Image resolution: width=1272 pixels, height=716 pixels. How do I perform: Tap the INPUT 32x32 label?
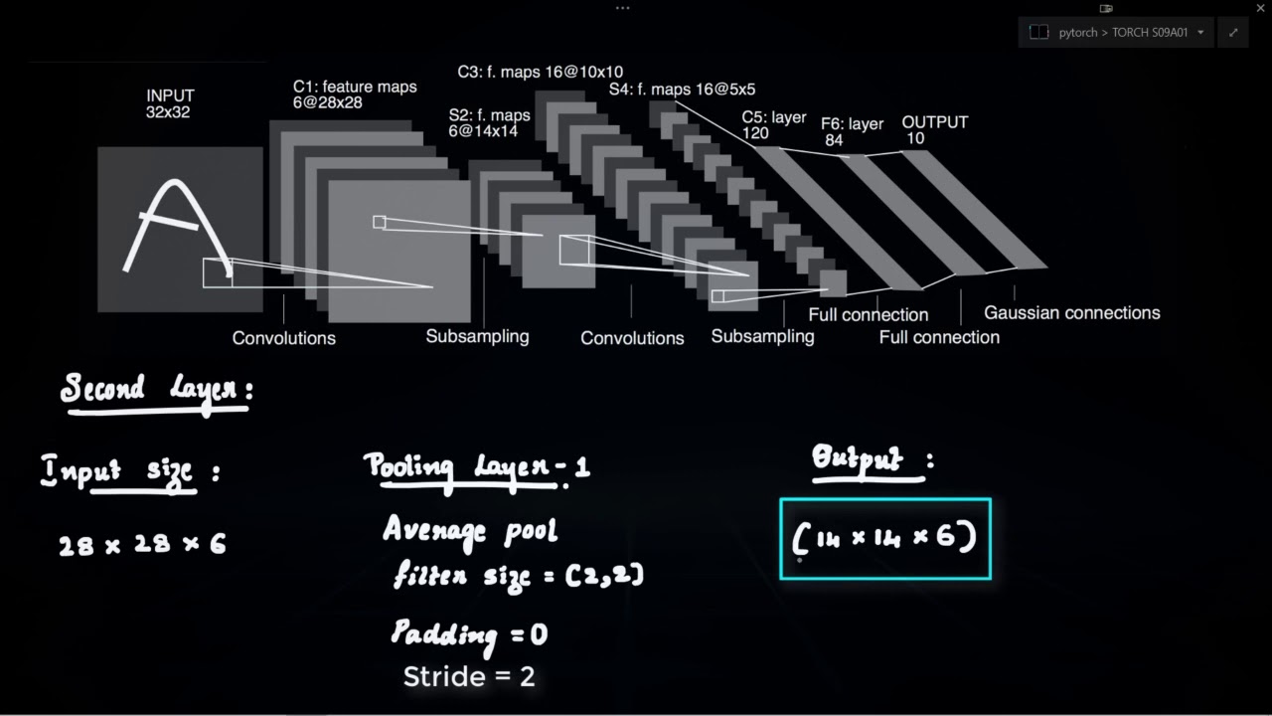[x=170, y=103]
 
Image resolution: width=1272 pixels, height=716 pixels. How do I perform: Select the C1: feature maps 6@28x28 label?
[x=355, y=95]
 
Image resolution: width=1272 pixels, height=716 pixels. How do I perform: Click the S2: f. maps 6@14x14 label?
[x=489, y=123]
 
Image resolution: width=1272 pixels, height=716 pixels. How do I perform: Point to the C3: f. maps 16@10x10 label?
[x=540, y=72]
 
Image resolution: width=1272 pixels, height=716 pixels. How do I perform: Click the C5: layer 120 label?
[x=773, y=124]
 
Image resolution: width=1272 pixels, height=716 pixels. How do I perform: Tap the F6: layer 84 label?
[x=852, y=132]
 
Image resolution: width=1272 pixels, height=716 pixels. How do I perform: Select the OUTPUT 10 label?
[x=934, y=130]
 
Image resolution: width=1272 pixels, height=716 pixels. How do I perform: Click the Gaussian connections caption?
[x=1071, y=312]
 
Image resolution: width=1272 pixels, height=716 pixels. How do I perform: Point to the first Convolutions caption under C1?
[x=284, y=338]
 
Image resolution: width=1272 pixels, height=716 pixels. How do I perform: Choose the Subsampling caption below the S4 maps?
[x=762, y=336]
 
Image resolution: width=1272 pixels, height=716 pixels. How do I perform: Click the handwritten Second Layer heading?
[x=155, y=390]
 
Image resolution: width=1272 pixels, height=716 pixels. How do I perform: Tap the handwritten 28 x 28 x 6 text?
[x=142, y=544]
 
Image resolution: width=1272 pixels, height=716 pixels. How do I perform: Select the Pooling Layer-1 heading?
[x=476, y=467]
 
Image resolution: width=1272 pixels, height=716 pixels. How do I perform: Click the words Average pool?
[x=470, y=529]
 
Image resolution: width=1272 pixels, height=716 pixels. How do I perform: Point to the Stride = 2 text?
[x=469, y=677]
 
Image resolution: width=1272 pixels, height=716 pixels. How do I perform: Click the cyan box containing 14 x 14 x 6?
[x=885, y=539]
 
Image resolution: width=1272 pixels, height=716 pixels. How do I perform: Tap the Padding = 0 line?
[x=468, y=634]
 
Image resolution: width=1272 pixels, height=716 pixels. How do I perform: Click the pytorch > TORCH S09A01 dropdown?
[x=1116, y=32]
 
